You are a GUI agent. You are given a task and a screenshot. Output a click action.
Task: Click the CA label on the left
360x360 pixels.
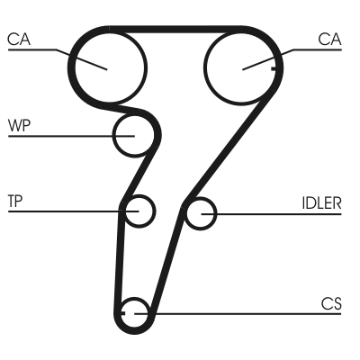(18, 39)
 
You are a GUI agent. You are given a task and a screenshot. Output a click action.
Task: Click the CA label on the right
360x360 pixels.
(330, 39)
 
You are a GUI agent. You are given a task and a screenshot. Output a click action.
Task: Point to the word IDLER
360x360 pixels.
(321, 202)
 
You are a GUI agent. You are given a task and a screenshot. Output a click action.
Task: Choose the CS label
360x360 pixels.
(331, 303)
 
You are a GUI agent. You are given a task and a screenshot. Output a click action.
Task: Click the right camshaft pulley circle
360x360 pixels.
(240, 66)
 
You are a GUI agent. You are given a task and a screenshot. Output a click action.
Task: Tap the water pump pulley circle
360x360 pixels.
(133, 135)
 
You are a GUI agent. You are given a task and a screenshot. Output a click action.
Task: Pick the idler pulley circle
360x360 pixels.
(201, 213)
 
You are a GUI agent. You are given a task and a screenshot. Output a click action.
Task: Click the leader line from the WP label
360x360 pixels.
(63, 135)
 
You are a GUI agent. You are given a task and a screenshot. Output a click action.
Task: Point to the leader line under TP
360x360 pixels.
(63, 211)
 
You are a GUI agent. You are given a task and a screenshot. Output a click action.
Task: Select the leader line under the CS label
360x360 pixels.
(243, 313)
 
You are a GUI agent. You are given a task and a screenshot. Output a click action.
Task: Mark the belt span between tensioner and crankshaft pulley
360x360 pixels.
(121, 261)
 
